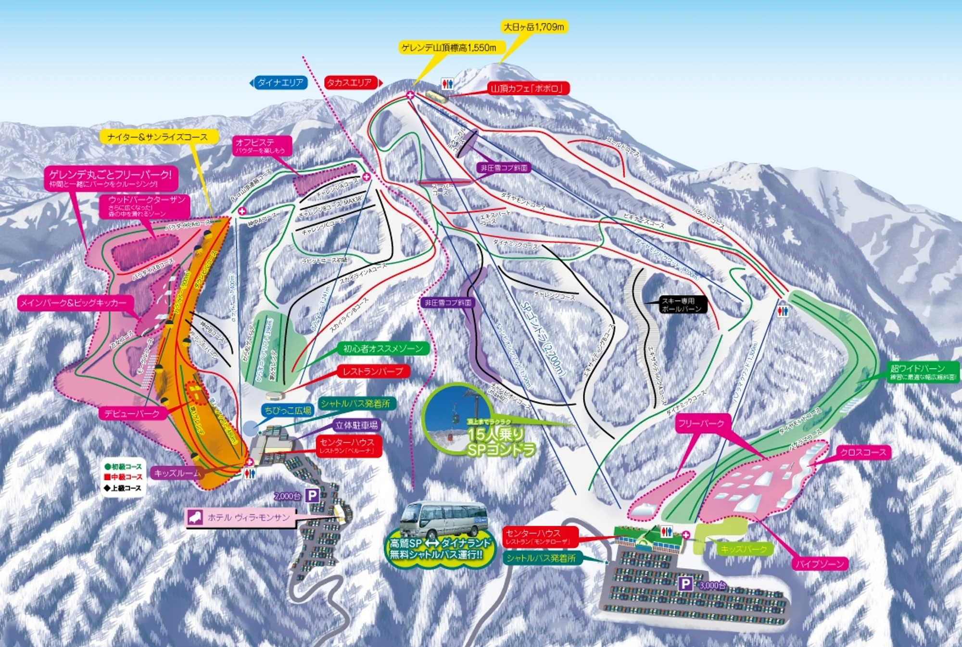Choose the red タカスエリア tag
pyautogui.click(x=350, y=83)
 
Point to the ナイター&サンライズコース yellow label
pyautogui.click(x=158, y=137)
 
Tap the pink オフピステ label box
pyautogui.click(x=262, y=146)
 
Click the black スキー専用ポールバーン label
pyautogui.click(x=682, y=305)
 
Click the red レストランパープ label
pyautogui.click(x=373, y=371)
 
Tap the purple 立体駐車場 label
pyautogui.click(x=356, y=425)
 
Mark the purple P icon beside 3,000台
pyautogui.click(x=685, y=584)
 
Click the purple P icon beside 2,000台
pyautogui.click(x=312, y=495)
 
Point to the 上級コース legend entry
pyautogui.click(x=123, y=488)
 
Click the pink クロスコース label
pyautogui.click(x=863, y=452)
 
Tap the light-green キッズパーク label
pyautogui.click(x=744, y=548)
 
